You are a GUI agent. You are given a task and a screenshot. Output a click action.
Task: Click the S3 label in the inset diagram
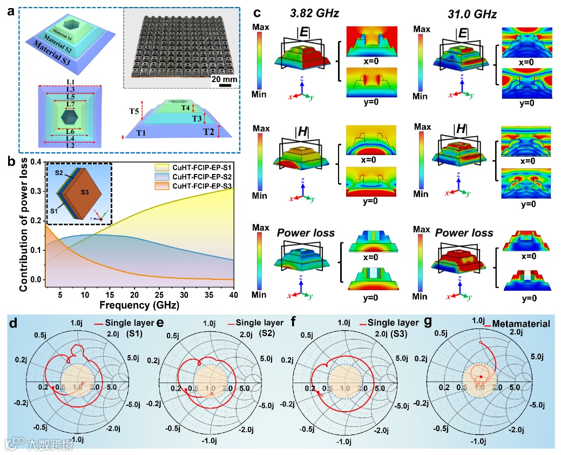tap(86, 193)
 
